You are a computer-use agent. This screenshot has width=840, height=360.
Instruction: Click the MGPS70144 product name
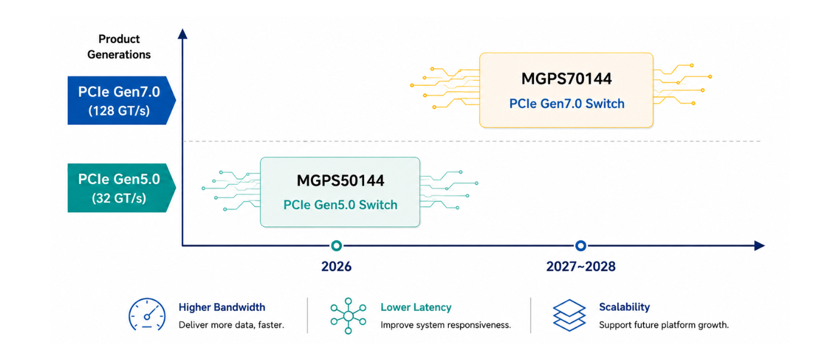[566, 79]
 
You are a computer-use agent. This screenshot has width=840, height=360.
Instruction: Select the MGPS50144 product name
[340, 181]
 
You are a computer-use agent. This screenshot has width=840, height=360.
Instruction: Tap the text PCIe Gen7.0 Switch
[566, 103]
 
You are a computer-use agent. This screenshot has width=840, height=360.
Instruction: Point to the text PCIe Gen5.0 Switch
[340, 205]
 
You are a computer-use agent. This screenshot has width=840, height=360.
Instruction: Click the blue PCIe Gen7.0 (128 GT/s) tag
[121, 101]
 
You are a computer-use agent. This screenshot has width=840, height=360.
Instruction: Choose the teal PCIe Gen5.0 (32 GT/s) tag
[121, 188]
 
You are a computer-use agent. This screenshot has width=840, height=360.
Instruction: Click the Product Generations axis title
[119, 47]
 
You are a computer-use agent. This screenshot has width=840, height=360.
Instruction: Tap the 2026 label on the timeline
[337, 266]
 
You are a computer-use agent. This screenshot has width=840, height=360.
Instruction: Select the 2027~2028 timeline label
[581, 266]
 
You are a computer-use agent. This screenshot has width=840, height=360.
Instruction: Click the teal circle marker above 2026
[337, 245]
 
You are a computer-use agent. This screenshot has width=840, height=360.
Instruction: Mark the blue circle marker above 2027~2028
[581, 245]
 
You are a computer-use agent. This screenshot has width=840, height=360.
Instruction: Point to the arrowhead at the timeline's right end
[760, 245]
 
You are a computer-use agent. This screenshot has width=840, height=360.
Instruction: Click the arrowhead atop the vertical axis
[182, 34]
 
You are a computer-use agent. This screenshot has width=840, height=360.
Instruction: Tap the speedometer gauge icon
[147, 314]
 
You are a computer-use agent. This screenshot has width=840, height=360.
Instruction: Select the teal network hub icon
[349, 316]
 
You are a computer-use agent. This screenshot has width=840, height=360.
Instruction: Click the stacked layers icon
[569, 316]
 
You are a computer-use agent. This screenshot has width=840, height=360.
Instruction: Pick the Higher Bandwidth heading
[221, 307]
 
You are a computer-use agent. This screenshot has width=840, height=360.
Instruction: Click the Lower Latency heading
[416, 307]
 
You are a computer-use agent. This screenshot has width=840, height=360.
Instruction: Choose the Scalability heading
[625, 307]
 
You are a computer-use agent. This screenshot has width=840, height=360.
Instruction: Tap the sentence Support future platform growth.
[664, 325]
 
